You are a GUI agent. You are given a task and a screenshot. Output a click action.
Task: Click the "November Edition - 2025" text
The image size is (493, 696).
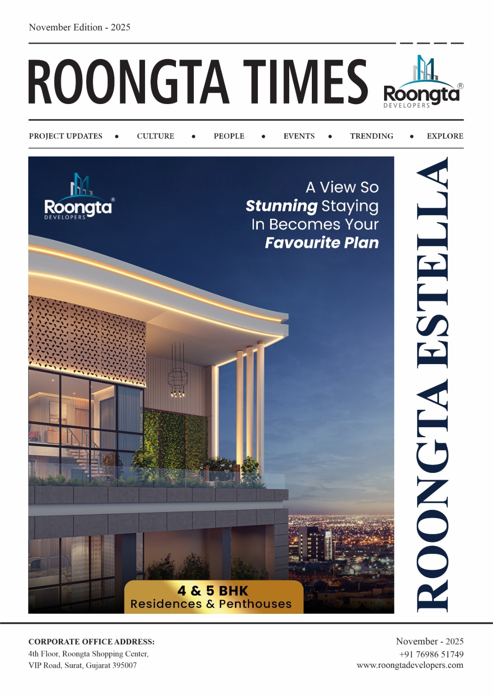[80, 27]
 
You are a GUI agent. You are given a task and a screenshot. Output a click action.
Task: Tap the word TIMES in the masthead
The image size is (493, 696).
[305, 82]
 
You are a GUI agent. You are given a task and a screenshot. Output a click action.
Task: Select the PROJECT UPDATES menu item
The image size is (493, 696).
[66, 136]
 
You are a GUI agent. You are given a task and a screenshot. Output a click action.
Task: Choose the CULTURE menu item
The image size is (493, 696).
[155, 136]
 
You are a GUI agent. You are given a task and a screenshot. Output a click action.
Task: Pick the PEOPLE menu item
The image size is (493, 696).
[229, 136]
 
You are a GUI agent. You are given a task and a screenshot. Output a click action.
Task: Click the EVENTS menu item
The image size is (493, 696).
[299, 136]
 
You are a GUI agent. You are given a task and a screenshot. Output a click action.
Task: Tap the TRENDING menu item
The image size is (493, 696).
[371, 136]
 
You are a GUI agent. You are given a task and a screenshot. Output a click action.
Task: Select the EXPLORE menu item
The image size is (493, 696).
[445, 136]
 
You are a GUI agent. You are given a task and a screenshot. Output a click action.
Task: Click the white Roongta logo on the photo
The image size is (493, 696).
[79, 198]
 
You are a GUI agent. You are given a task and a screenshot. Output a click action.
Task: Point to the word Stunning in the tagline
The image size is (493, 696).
[281, 206]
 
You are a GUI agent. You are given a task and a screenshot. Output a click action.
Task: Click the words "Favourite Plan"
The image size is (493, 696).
[322, 243]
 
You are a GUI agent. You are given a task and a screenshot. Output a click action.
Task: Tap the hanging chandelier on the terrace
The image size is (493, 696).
[177, 372]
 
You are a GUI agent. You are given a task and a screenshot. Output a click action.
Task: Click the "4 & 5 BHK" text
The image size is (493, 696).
[213, 591]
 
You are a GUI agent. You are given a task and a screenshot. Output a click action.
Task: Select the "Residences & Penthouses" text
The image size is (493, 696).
[211, 604]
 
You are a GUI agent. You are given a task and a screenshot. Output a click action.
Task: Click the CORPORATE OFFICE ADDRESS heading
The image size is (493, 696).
[91, 642]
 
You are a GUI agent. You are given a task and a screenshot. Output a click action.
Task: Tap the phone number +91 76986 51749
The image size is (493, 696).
[431, 654]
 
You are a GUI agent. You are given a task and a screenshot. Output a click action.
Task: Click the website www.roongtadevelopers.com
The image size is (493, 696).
[410, 665]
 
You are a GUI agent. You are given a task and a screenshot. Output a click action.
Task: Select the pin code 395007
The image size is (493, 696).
[125, 666]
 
